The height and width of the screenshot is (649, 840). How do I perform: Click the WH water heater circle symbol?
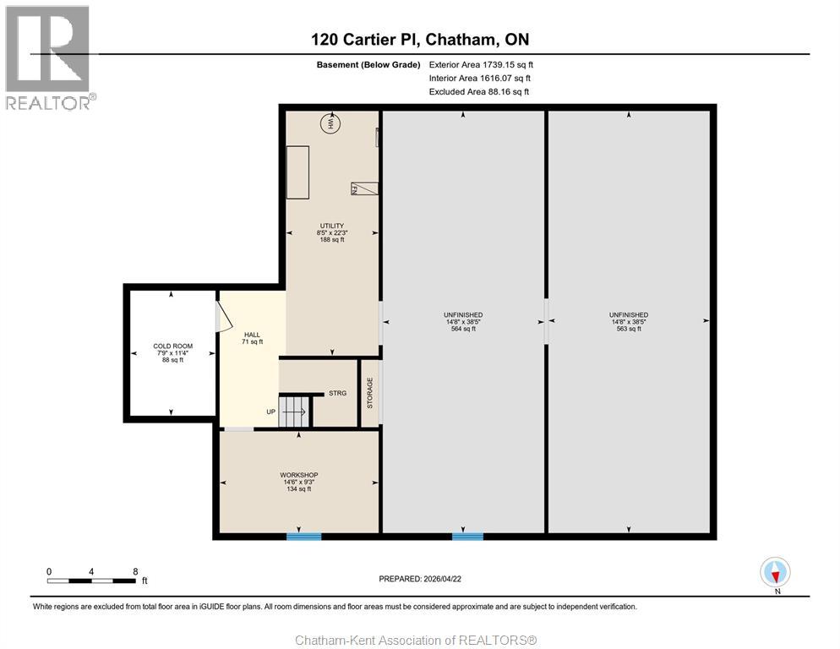point(330,123)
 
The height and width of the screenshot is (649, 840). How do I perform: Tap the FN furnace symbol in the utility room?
point(364,188)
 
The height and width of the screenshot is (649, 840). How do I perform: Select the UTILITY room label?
point(332,226)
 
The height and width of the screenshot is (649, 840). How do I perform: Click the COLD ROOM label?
point(173,346)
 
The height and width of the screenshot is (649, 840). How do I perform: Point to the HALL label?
point(252,335)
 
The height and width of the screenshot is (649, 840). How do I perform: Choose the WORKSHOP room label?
point(299,475)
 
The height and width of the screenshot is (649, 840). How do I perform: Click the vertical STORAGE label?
point(369,393)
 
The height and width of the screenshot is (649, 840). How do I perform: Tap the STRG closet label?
point(337,393)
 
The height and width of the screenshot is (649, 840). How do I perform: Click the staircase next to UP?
point(294,412)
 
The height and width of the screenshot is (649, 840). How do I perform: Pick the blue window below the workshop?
point(303,536)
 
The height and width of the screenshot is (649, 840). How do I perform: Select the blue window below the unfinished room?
point(467,536)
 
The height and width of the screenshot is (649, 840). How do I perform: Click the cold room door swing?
point(223,316)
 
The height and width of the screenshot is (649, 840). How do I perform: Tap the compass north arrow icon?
point(775,572)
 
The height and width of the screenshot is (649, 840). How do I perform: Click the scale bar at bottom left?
point(91,581)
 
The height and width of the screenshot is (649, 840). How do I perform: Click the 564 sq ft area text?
point(463,329)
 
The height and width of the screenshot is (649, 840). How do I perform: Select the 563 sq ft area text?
point(629,329)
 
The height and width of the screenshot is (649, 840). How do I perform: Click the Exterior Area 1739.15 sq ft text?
point(481,65)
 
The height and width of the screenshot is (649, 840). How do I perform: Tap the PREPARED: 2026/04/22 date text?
point(420,579)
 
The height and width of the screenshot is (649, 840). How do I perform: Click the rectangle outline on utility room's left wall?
point(297,172)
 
